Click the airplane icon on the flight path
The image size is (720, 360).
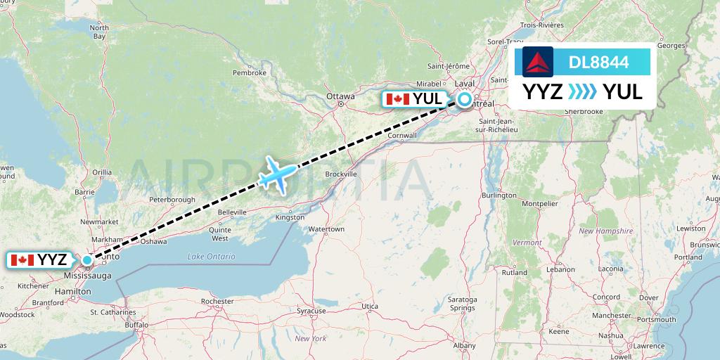[x=278, y=174]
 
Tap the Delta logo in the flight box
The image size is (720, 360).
[x=538, y=61]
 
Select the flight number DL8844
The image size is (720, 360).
[x=599, y=62]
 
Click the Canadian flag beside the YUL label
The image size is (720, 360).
[x=398, y=99]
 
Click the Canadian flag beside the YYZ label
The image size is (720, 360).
[x=22, y=260]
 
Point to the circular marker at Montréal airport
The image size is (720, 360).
[x=465, y=99]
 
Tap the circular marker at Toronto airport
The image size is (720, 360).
[x=86, y=260]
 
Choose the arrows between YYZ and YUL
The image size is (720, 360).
[x=582, y=92]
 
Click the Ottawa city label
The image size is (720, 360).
[x=340, y=96]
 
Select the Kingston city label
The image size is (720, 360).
[x=290, y=217]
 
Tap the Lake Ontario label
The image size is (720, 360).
[x=212, y=257]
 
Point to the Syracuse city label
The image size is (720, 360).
[x=311, y=310]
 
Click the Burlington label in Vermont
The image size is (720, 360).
[x=500, y=195]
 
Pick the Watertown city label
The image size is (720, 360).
[x=326, y=229]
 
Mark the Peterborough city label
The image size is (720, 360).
[x=172, y=200]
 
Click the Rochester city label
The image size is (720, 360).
[x=217, y=301]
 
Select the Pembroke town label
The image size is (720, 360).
[x=250, y=72]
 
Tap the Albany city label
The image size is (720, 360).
[x=464, y=345]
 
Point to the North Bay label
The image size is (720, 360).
[x=99, y=32]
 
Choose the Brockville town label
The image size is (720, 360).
[x=341, y=174]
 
